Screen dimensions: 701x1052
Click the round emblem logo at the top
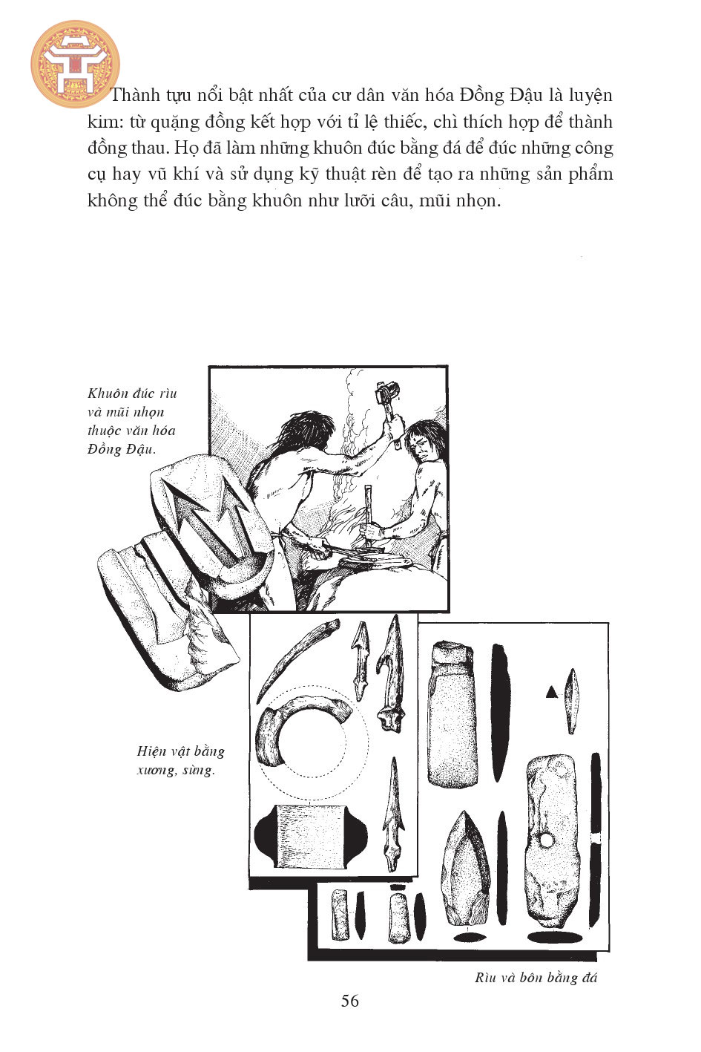[75, 64]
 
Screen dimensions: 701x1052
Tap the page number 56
[350, 1013]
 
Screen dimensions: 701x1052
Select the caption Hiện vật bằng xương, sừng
[181, 760]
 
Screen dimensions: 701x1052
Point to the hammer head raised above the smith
[387, 391]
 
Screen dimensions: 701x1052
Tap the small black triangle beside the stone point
[551, 691]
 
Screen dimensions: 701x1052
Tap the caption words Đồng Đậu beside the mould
[121, 450]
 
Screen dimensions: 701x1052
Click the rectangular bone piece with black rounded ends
[311, 836]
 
